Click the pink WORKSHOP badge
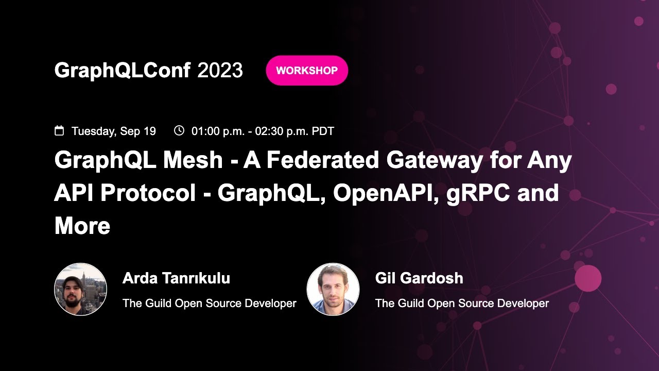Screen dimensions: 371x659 pos(307,71)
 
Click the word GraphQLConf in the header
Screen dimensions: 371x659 pos(122,71)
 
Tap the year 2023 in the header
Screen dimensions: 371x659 pos(220,71)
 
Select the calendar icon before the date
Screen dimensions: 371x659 pos(59,131)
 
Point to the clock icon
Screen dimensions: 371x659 pos(179,130)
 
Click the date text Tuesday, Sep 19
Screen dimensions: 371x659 pos(113,131)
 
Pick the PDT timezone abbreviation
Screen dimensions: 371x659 pos(323,131)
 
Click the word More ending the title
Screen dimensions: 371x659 pos(82,226)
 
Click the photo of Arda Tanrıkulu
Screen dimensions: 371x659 pos(80,289)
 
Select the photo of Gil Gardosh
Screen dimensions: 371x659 pos(333,289)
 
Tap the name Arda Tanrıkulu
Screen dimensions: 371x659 pos(176,278)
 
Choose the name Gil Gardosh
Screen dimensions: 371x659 pos(419,278)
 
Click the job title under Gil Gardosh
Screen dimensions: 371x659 pos(462,303)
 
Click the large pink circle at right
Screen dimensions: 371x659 pos(588,278)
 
